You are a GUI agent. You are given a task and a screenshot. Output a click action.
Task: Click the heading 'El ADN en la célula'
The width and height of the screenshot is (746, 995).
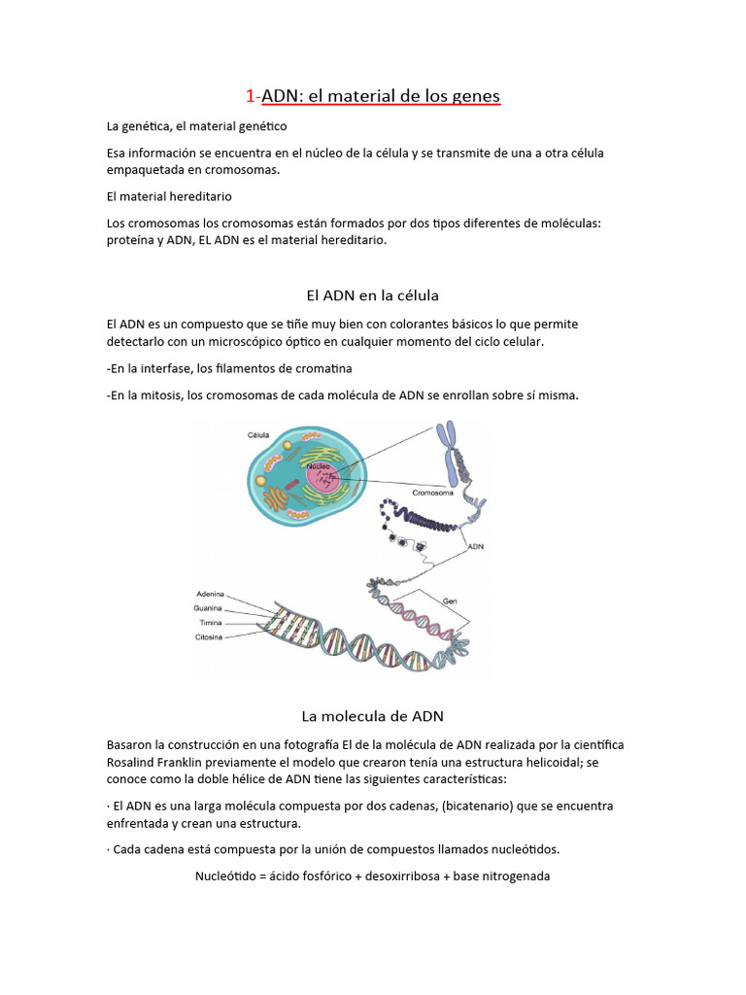tap(372, 294)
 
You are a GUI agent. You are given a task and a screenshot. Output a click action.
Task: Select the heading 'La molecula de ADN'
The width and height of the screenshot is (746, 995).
tap(372, 716)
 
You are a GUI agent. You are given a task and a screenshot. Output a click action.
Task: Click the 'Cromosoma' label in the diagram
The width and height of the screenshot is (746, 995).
tap(433, 493)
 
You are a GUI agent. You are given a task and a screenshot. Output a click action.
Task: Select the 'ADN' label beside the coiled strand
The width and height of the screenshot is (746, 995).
tap(476, 547)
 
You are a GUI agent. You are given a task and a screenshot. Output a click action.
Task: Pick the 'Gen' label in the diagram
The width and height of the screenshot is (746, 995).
tap(450, 600)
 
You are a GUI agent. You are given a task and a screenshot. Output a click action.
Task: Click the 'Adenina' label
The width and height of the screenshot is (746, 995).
tap(211, 593)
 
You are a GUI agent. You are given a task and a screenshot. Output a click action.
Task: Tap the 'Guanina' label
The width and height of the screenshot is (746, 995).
tap(211, 607)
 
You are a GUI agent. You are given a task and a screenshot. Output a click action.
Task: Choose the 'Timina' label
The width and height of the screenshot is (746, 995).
tap(211, 622)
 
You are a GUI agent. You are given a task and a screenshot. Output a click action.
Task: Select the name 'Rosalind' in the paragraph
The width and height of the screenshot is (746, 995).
tap(133, 762)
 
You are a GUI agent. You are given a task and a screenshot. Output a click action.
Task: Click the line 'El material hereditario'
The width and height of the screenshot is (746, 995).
tap(169, 196)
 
